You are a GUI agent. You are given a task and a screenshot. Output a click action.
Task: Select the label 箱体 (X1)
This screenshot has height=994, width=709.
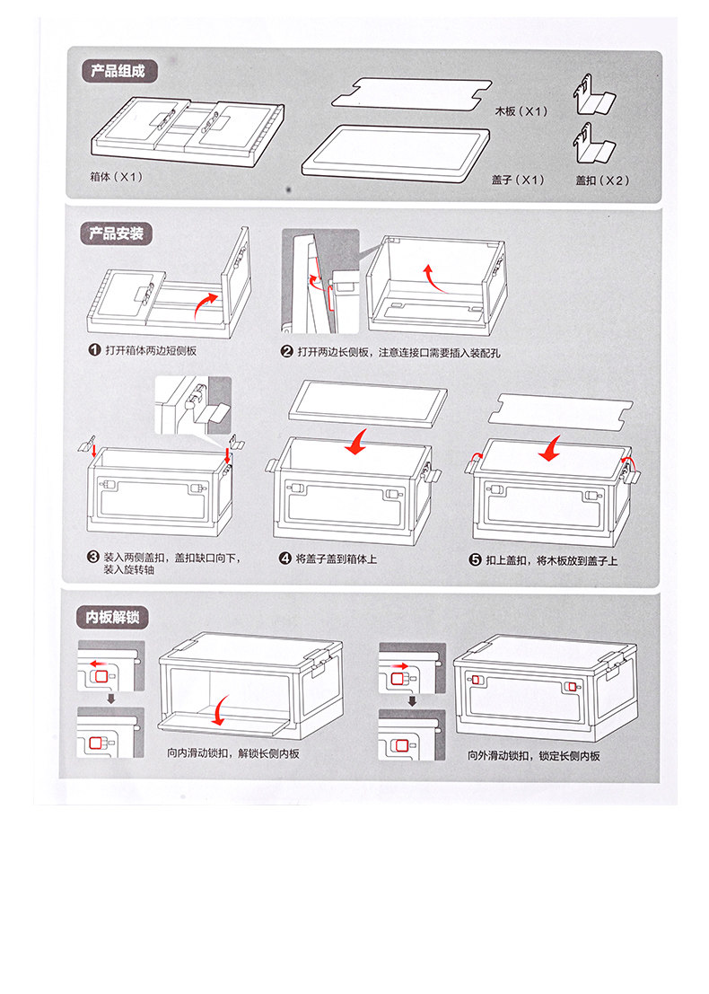coord(117,177)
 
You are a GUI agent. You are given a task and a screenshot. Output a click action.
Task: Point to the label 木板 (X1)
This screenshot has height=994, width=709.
coord(521,112)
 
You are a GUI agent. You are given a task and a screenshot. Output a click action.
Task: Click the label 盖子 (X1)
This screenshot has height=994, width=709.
coord(519,180)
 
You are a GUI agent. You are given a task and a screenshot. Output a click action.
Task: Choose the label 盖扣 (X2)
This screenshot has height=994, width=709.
coord(603,180)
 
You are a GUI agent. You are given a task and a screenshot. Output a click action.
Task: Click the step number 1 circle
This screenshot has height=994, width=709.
coord(93,350)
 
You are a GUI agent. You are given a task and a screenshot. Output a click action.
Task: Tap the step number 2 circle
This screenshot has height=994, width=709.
coord(287,351)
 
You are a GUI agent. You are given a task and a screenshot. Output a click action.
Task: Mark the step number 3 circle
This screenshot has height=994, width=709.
coord(93,557)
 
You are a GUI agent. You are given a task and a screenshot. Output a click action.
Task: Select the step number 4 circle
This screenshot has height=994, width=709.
coord(285,559)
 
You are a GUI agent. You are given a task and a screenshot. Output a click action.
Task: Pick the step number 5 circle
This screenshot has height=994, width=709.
coord(476,559)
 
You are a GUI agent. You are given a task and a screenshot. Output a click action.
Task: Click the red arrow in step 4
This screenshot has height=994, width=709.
coord(358,441)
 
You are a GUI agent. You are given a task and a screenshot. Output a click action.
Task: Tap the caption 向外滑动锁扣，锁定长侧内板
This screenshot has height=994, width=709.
coord(534,755)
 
